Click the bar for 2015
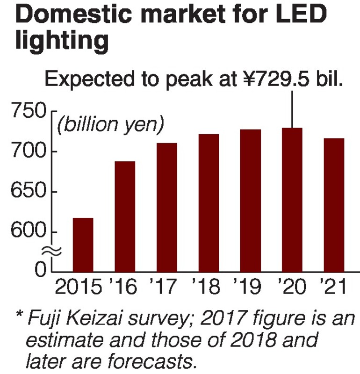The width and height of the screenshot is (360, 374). (83, 245)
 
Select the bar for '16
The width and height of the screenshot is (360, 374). (125, 216)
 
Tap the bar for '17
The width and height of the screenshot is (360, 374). (167, 207)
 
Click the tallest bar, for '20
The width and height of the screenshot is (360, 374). (292, 200)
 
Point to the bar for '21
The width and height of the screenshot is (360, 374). (334, 205)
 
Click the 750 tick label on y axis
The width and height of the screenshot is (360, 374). (29, 112)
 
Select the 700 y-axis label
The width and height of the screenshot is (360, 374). (29, 152)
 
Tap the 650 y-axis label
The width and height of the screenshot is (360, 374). (29, 192)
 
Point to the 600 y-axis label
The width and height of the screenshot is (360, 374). (29, 232)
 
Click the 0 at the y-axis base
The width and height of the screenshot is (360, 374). (41, 270)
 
